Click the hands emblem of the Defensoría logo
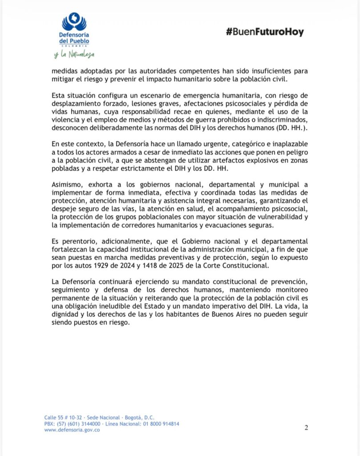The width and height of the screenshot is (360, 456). point(74,21)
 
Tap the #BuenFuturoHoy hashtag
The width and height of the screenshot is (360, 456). point(265,32)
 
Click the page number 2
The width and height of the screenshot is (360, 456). point(306,428)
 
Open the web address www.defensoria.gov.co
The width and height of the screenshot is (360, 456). point(72,430)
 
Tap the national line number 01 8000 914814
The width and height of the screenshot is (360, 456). point(161,424)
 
